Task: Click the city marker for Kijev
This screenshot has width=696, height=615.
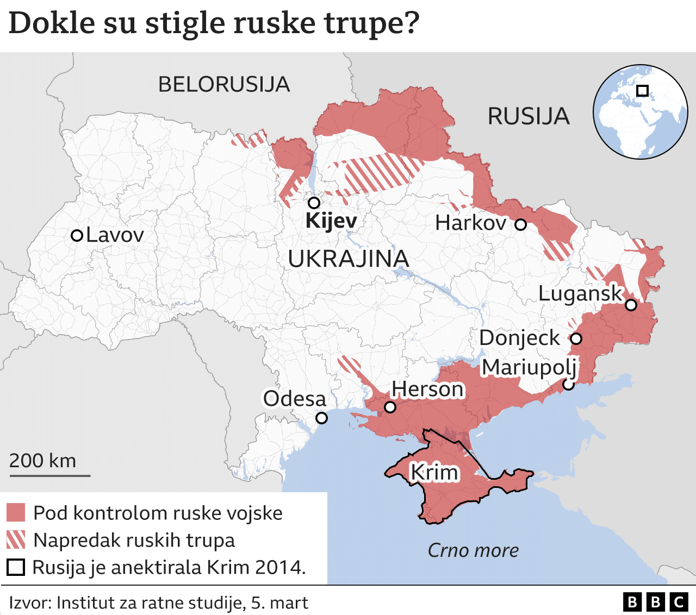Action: (x=314, y=203)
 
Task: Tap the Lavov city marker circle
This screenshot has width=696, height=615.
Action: (x=77, y=235)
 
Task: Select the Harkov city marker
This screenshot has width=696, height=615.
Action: (x=520, y=224)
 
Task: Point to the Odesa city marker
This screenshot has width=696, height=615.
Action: (x=321, y=418)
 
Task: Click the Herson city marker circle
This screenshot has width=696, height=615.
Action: (x=390, y=407)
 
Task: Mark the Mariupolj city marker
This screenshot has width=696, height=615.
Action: (x=568, y=385)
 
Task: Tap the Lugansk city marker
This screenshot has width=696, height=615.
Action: (x=631, y=305)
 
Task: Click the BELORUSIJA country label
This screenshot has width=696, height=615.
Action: (x=223, y=85)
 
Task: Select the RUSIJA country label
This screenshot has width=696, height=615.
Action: (x=528, y=116)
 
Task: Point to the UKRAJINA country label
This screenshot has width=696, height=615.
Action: (x=348, y=259)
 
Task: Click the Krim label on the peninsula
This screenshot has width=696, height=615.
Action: (x=434, y=472)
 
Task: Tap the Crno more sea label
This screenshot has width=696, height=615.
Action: (x=473, y=550)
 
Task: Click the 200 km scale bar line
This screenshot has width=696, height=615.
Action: (x=50, y=476)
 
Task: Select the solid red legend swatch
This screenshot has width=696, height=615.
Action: (x=16, y=512)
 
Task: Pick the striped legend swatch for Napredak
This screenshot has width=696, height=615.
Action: (x=16, y=540)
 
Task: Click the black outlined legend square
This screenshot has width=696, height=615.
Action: (x=16, y=567)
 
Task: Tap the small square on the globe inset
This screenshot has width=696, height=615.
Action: (x=642, y=91)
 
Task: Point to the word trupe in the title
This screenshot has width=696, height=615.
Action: (x=372, y=23)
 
